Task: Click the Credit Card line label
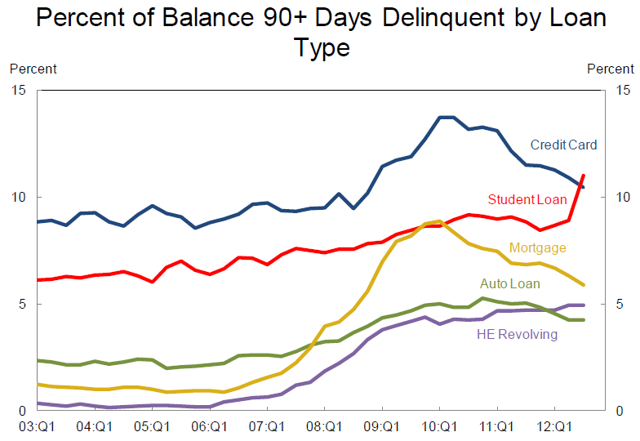point(563,145)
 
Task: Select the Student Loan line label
point(526,199)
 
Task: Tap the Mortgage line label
point(537,247)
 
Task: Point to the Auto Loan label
point(509,284)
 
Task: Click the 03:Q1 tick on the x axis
point(38,426)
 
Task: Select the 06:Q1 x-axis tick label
point(210,426)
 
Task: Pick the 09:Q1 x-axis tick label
point(382,426)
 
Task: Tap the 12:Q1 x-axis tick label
point(554,426)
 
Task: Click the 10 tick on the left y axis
point(19,198)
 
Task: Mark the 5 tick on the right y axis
point(620,305)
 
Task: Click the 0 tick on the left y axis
point(22,411)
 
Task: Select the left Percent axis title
point(33,69)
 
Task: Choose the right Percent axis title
point(611,69)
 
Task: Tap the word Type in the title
point(322,47)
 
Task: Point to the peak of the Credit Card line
point(446,118)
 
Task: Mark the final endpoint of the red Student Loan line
point(583,175)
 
